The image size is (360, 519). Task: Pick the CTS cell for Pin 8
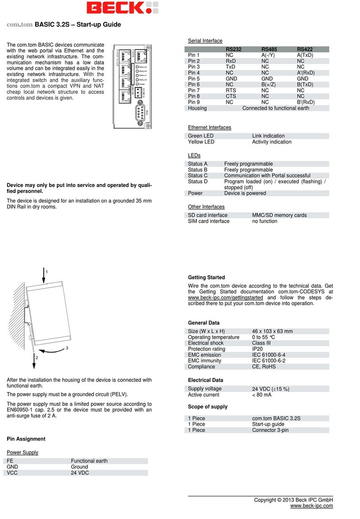pos(230,96)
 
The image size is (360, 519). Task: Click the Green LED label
pos(201,136)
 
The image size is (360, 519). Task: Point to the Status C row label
pos(198,176)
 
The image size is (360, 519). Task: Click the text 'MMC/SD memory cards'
pos(279,215)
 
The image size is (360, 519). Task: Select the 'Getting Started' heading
pos(206,278)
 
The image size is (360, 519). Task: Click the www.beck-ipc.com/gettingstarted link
pos(225,298)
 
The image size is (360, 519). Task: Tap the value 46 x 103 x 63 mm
pos(272,331)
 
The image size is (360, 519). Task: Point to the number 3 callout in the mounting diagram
pos(67,348)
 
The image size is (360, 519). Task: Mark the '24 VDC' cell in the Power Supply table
pos(80,473)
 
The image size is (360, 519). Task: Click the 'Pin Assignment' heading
pos(26,439)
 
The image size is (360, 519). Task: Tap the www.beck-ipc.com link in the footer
pos(311,506)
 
